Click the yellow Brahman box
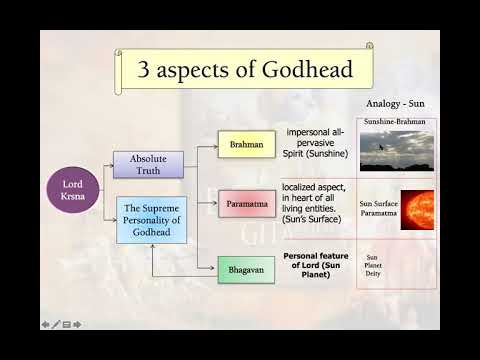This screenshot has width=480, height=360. pyautogui.click(x=245, y=145)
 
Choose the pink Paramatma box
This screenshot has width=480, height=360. pyautogui.click(x=245, y=205)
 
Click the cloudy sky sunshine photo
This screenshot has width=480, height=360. pyautogui.click(x=397, y=151)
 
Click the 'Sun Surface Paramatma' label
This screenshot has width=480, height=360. pyautogui.click(x=379, y=209)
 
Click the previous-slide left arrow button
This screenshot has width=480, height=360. pyautogui.click(x=45, y=324)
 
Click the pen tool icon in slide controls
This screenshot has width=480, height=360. pyautogui.click(x=56, y=324)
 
